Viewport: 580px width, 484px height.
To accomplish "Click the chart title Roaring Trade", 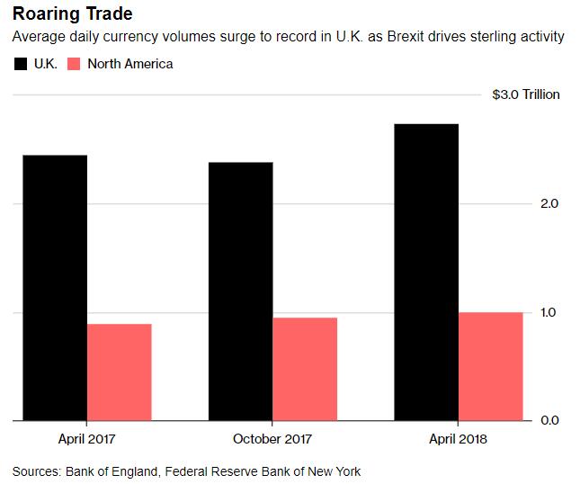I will click(72, 15).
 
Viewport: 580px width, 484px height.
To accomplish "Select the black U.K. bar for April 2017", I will click(55, 288).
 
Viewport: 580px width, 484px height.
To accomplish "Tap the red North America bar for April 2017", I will click(119, 372).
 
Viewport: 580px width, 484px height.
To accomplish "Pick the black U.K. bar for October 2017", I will click(240, 291).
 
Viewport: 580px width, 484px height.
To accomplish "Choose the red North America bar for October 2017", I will click(305, 369).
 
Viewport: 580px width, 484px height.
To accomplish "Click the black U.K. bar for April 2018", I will click(426, 272).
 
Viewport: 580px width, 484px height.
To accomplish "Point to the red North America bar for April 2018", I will click(491, 366).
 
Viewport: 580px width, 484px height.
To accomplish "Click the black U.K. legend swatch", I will click(21, 64).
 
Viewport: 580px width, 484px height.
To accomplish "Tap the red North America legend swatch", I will click(76, 64).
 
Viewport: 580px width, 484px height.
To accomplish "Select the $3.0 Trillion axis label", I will click(526, 94).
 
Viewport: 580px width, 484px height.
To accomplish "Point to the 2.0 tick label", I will click(550, 204).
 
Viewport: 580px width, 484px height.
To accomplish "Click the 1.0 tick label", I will click(550, 312).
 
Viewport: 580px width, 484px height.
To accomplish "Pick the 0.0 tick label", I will click(550, 420).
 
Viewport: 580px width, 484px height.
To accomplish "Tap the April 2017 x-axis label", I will click(86, 439).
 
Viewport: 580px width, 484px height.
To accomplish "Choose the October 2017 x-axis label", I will click(272, 439).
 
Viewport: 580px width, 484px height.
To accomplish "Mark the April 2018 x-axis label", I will click(459, 439).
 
